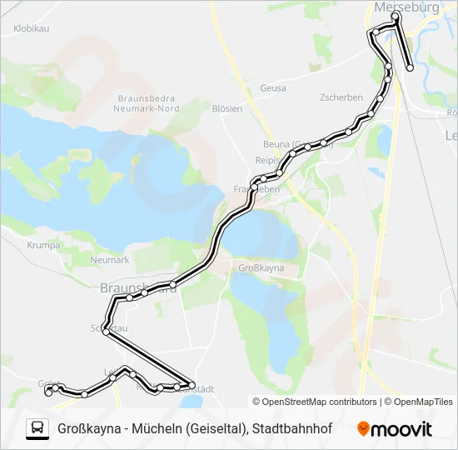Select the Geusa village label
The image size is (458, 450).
pos(273,87)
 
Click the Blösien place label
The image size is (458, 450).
pos(227,108)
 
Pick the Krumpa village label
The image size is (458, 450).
pos(42,246)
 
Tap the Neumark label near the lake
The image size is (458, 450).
pos(109,260)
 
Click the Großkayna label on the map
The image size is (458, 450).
pos(261,268)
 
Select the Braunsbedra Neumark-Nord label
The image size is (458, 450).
pos(149,102)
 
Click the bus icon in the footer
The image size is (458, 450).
pos(37,428)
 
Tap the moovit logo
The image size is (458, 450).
pos(395,429)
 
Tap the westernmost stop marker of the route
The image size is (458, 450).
pos(47,392)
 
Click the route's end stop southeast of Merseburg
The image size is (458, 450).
pos(410,67)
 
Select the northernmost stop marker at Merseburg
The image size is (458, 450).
pos(396,15)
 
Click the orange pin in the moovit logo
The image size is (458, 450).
pos(364,429)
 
